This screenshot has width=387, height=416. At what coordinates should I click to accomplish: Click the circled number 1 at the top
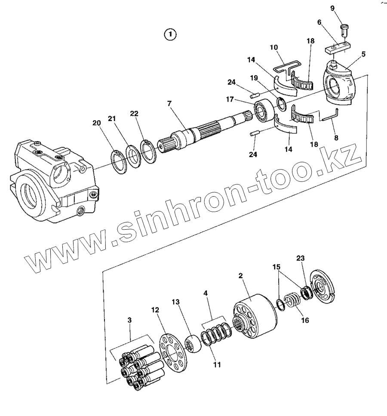tap(171, 34)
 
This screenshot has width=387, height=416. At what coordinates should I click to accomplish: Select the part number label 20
tap(97, 123)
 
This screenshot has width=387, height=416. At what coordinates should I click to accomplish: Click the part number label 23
tap(300, 258)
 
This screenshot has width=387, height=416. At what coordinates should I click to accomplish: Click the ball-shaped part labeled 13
tap(192, 343)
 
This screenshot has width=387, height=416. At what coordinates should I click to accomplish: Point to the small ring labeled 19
tap(281, 103)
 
